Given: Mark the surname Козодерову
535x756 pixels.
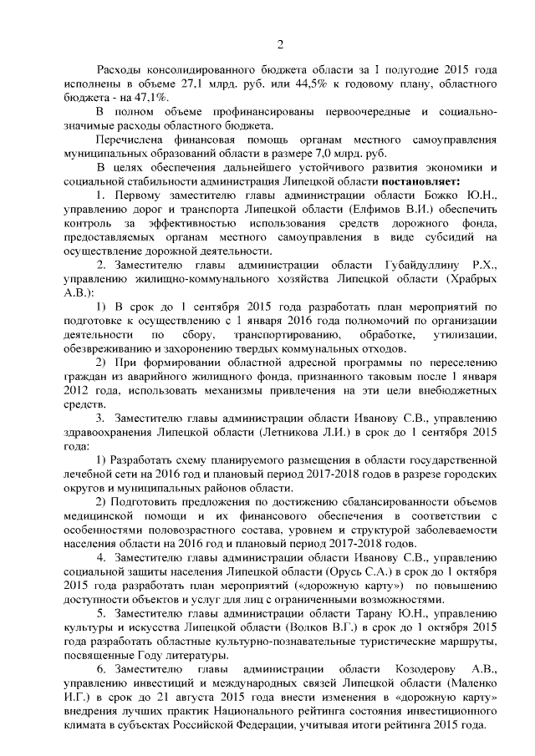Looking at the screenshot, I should click(411, 668).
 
